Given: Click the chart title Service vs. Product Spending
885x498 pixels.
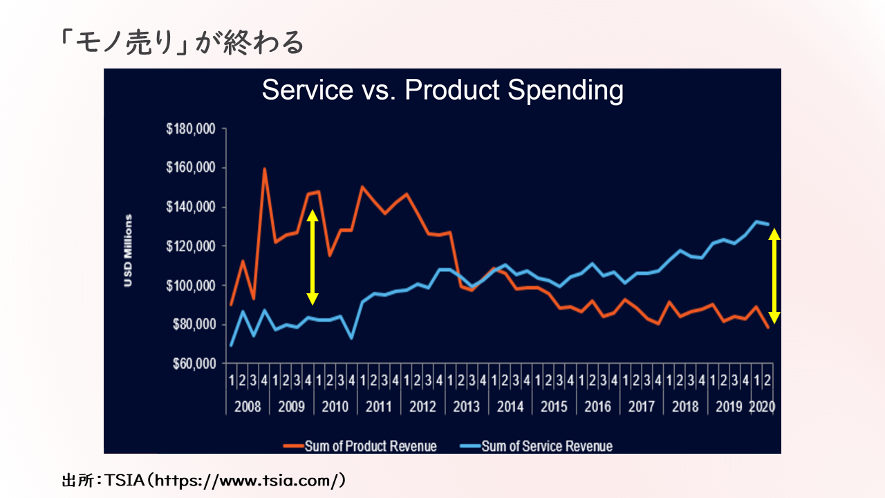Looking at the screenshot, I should (442, 91).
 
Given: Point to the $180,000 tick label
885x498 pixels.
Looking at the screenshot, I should (192, 129).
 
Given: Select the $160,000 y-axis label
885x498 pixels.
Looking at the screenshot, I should (192, 168).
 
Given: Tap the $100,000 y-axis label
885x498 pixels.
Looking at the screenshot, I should (192, 286).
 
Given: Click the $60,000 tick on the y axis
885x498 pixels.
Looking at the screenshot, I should (194, 364).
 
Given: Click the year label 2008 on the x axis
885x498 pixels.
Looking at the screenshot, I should (248, 406).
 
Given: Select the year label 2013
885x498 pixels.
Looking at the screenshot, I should (466, 406).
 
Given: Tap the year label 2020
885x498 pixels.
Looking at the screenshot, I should (762, 406).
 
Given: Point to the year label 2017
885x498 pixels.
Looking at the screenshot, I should (641, 406).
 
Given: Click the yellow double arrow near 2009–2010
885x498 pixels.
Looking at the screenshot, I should (313, 257).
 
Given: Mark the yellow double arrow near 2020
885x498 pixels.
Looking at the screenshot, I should (774, 276).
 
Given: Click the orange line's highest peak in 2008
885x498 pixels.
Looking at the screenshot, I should (264, 168).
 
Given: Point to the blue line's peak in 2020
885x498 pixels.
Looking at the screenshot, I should (758, 221).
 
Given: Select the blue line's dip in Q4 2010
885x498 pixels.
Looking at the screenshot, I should (352, 338).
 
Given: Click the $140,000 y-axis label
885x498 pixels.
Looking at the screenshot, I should (192, 207).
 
